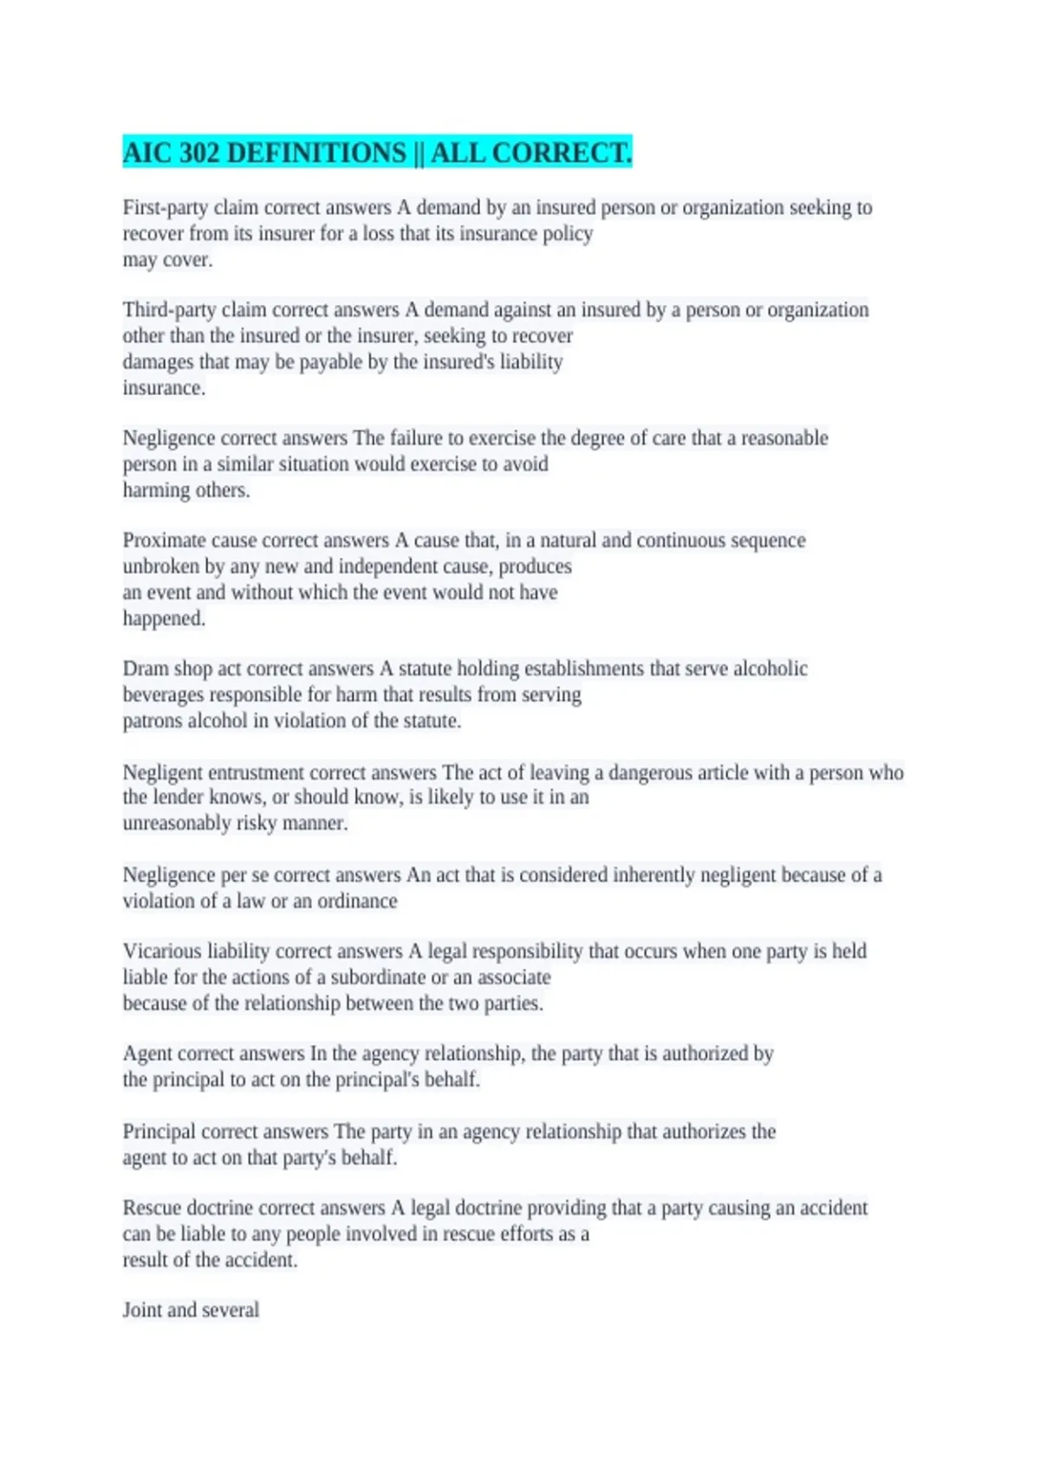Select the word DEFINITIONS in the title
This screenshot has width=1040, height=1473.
316,153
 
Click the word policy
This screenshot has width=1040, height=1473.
567,234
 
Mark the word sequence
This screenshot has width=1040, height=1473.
767,541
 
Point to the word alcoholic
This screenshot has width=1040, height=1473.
770,669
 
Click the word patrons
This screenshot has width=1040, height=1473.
151,721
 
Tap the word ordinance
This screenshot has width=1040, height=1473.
357,901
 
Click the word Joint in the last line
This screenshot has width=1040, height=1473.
141,1310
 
